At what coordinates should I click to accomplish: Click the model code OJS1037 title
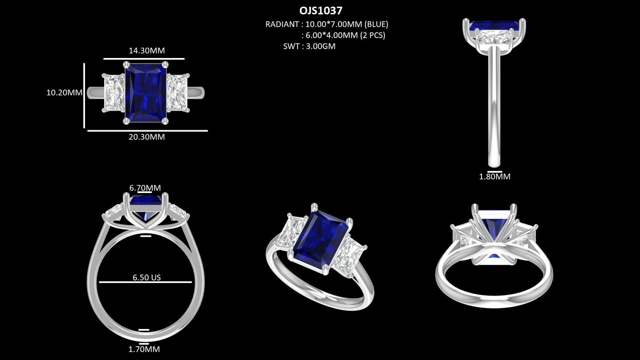click(x=321, y=10)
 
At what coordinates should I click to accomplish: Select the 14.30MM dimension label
click(x=147, y=50)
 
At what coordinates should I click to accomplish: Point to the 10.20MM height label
click(x=64, y=93)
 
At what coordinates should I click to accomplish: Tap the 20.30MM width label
click(x=147, y=137)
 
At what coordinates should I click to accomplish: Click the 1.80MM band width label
click(x=494, y=177)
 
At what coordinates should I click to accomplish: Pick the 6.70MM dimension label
click(x=145, y=188)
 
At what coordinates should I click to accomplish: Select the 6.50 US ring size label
click(x=147, y=278)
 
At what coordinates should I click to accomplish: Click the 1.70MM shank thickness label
click(x=144, y=349)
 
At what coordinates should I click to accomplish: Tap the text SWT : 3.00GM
click(x=309, y=46)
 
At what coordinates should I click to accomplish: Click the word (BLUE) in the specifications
click(x=376, y=24)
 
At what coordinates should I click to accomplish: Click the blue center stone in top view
click(x=145, y=92)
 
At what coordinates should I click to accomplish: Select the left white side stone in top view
click(x=114, y=93)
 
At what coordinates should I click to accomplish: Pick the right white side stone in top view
click(x=178, y=93)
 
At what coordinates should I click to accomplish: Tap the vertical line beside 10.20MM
click(x=84, y=95)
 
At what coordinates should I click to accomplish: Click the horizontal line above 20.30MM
click(x=147, y=131)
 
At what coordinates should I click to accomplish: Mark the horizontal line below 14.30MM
click(x=144, y=58)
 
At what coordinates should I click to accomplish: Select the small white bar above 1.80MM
click(x=494, y=171)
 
